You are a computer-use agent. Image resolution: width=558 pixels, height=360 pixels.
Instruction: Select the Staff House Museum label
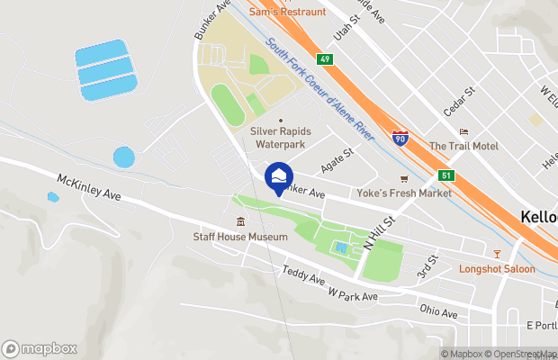(x=239, y=237)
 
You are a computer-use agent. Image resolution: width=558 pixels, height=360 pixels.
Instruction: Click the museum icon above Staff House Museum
(x=240, y=221)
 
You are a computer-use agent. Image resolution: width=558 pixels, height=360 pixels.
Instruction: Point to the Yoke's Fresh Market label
(x=416, y=193)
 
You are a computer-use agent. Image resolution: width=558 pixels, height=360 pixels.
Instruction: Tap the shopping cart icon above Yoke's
(x=404, y=178)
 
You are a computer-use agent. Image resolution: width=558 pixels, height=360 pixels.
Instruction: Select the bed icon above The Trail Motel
(x=463, y=131)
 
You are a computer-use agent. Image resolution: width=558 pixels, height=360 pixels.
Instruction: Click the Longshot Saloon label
(x=497, y=268)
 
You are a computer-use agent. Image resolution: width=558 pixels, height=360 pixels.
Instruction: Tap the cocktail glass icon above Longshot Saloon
(x=494, y=253)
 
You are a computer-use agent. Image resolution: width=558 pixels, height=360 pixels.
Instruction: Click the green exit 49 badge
(x=326, y=59)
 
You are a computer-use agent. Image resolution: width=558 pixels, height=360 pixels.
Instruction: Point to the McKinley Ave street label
(x=88, y=187)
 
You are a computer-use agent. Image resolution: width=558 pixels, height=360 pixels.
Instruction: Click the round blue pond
(x=124, y=157)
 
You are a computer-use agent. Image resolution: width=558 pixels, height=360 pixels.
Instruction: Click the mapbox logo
(x=40, y=349)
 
